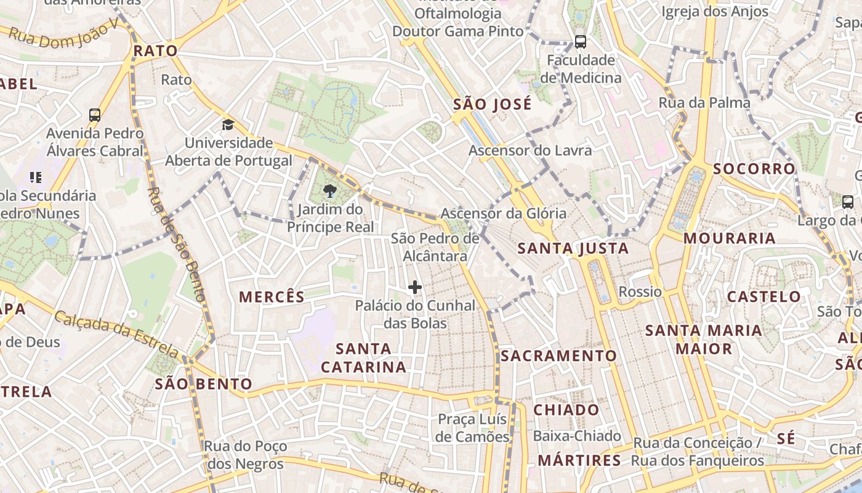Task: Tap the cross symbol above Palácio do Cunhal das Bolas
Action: coord(415,287)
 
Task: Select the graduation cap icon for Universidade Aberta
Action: coord(228,125)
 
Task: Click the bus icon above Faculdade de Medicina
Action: coord(581,42)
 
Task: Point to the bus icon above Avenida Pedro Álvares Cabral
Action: coord(95,115)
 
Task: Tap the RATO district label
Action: coord(155,51)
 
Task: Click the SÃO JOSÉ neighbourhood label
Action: coord(492,105)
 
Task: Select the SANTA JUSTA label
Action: coord(573,248)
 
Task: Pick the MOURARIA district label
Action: coord(730,238)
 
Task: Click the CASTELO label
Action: coord(764,296)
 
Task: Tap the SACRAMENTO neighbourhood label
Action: coord(558,356)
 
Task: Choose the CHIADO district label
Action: coord(566,410)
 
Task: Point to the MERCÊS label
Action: coord(272,297)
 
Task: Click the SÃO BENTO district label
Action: coord(203,385)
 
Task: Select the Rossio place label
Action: coord(640,291)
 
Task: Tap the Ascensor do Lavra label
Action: coord(530,150)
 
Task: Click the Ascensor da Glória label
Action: coord(503,213)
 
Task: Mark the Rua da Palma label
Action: coord(704,103)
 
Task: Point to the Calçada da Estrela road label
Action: coord(117,335)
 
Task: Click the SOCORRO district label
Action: coord(754,169)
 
